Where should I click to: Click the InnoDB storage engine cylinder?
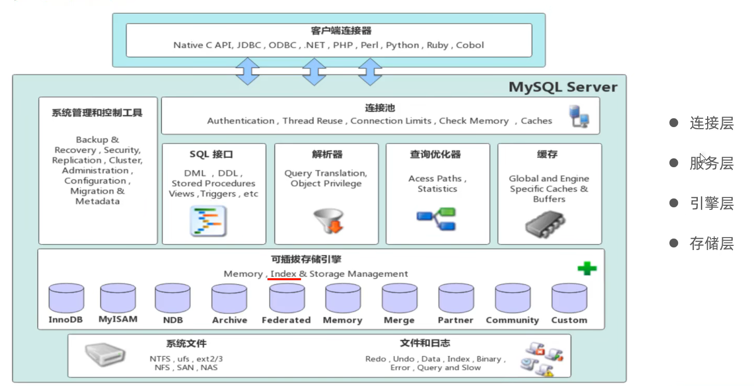(x=66, y=298)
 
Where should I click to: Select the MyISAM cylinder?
(x=118, y=298)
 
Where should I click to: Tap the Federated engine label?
(x=286, y=320)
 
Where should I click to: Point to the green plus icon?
(x=587, y=269)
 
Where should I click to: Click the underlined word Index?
(x=284, y=273)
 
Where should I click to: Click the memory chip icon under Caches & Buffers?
(x=545, y=223)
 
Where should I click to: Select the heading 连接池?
(x=380, y=108)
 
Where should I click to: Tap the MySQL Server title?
(x=563, y=86)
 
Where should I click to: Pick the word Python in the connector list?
(x=402, y=45)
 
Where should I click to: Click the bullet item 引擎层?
(x=711, y=204)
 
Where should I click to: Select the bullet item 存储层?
(x=711, y=243)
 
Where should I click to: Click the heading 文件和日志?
(x=425, y=343)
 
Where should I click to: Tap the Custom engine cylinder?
(x=569, y=298)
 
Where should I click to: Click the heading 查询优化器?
(x=435, y=155)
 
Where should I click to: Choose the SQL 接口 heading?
(x=211, y=155)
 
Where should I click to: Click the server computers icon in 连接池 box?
(x=579, y=116)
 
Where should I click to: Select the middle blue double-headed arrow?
(x=314, y=71)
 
